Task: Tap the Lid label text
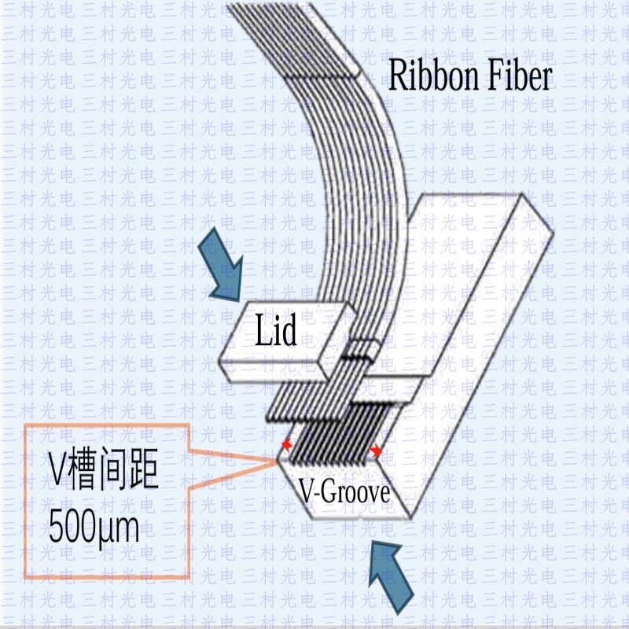tap(277, 329)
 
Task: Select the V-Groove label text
tap(345, 492)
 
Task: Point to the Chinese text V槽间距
tap(104, 469)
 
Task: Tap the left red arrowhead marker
tap(286, 445)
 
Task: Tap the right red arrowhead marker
tap(376, 451)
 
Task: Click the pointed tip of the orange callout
tap(278, 462)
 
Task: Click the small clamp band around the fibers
tap(363, 348)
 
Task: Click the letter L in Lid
tap(263, 329)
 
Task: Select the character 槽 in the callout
tap(83, 469)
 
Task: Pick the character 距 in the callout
tap(142, 469)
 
